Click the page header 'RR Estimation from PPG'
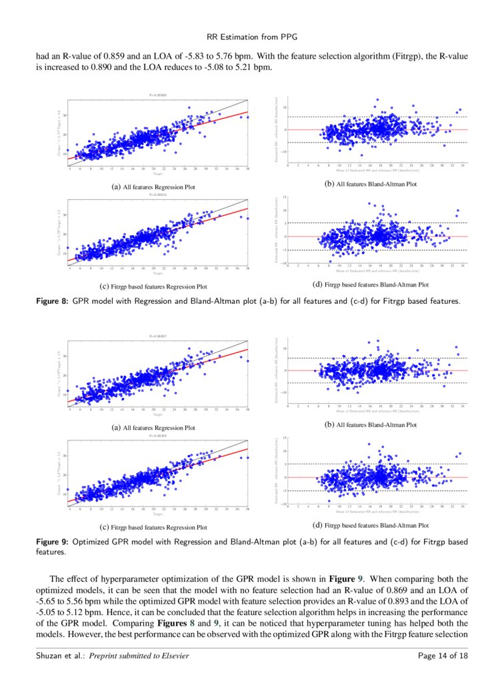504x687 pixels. tap(251, 38)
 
